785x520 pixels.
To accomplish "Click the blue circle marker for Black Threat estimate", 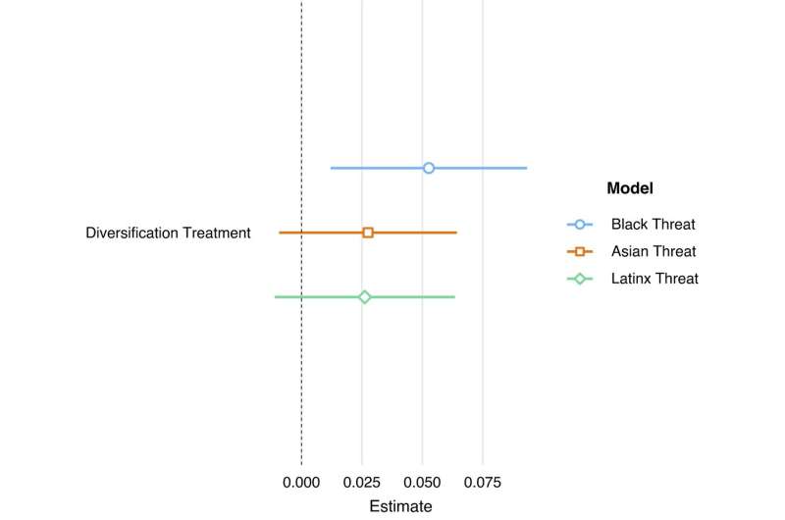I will [x=429, y=168].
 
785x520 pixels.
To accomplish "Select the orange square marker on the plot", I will [x=368, y=233].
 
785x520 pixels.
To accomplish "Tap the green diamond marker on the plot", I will [x=365, y=296].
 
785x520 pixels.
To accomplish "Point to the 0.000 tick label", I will [x=301, y=483].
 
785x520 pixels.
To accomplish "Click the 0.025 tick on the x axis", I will [x=361, y=483].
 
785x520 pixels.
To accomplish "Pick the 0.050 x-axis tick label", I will [x=422, y=483].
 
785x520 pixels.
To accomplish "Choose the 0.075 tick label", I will [x=482, y=483].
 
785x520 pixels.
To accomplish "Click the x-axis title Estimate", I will [x=400, y=506].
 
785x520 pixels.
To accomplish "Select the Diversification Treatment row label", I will [x=168, y=234].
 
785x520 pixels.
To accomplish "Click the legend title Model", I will [x=630, y=188].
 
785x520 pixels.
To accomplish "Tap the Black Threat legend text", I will [x=653, y=224].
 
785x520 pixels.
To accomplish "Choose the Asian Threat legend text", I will [x=653, y=251].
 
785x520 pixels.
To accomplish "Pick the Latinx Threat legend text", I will [x=654, y=279].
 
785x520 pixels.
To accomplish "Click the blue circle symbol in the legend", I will [x=580, y=224].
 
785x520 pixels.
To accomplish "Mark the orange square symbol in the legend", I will [x=580, y=251].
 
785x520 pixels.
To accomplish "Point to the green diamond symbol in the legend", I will [x=580, y=279].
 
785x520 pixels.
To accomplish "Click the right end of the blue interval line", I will [x=526, y=168].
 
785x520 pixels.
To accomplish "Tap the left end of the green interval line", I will [x=276, y=296].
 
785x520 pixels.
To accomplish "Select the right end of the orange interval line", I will [x=456, y=233].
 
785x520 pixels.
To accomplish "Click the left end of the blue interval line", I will [x=332, y=168].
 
